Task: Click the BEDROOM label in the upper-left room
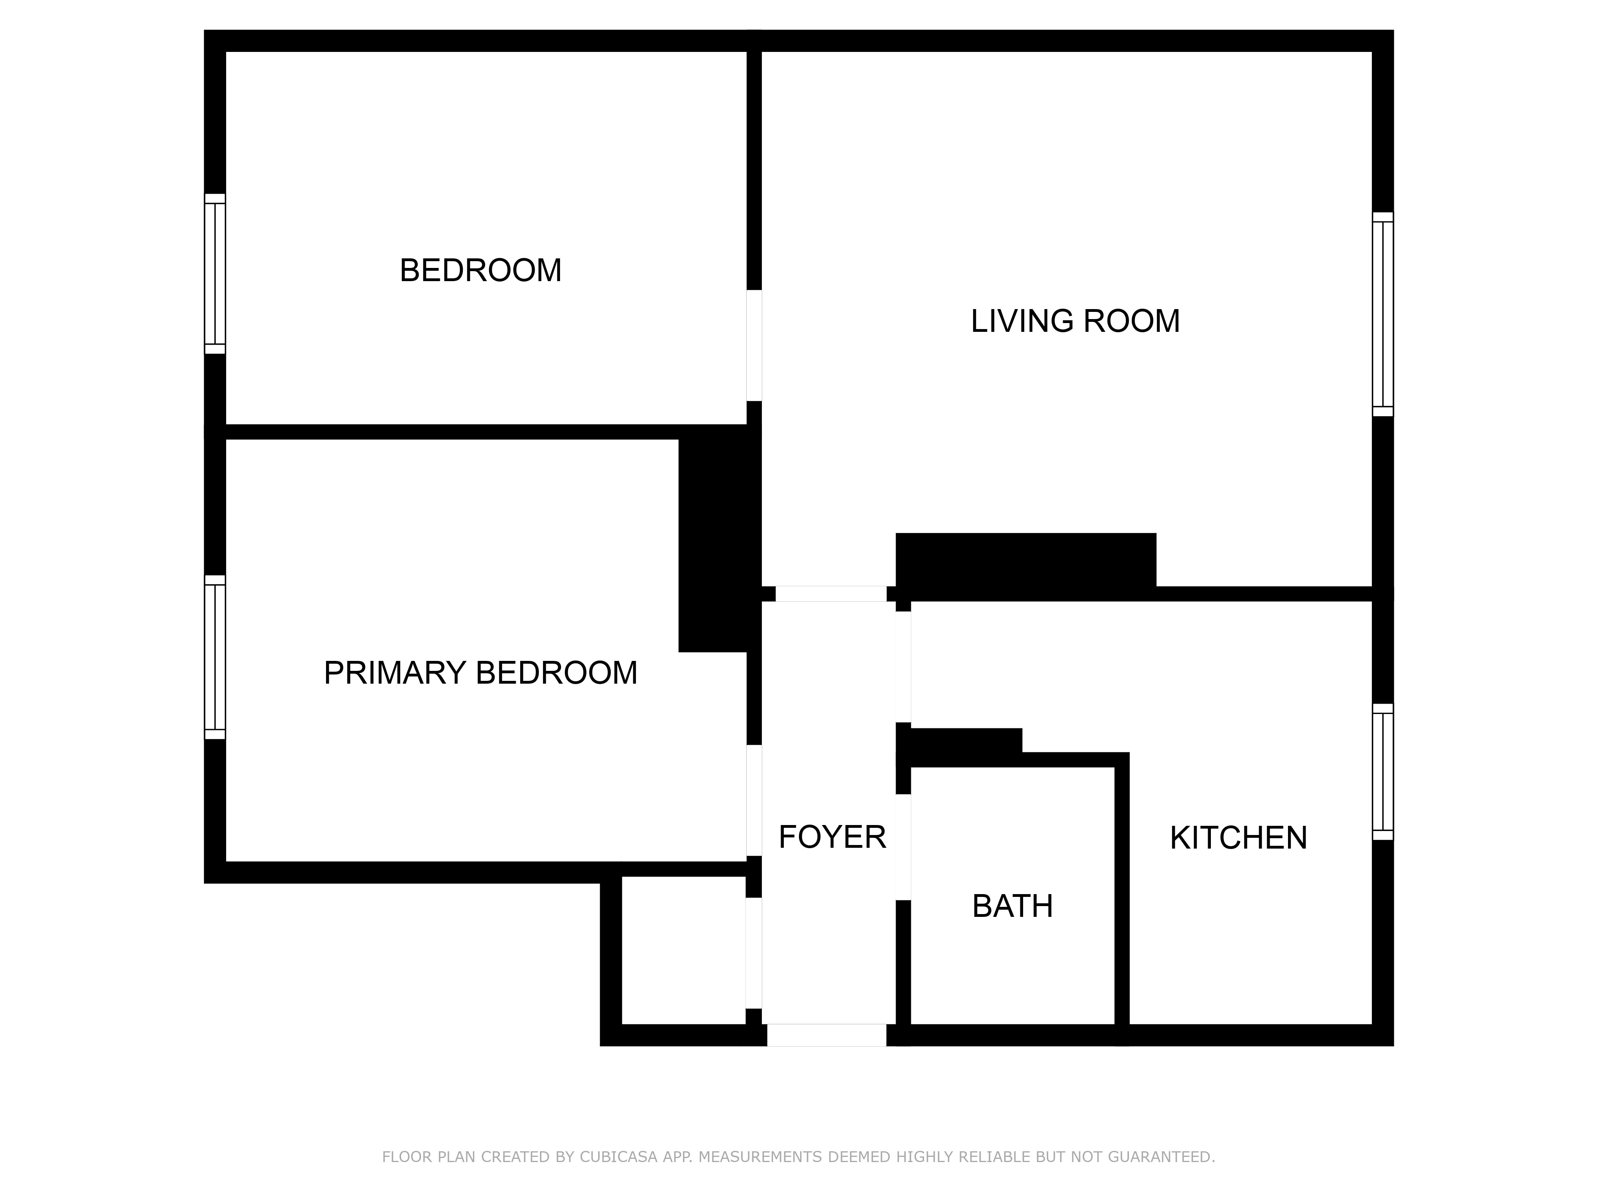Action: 481,271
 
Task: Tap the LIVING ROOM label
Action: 1075,321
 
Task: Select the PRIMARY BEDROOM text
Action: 481,673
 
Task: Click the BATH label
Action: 1012,906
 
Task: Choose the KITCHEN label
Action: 1238,838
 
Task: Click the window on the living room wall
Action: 1383,314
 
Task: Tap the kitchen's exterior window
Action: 1383,772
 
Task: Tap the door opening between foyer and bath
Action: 903,847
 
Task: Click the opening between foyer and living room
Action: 831,593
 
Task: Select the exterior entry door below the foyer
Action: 827,1035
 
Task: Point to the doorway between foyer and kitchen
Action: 903,666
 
